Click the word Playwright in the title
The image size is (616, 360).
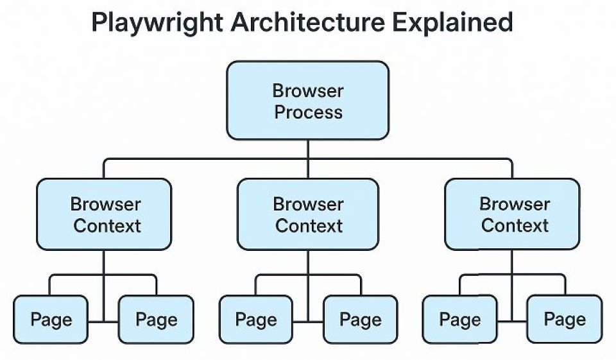pyautogui.click(x=158, y=22)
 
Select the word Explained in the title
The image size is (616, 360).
pyautogui.click(x=452, y=22)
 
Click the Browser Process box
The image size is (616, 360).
pyautogui.click(x=307, y=100)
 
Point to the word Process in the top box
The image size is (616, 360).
pyautogui.click(x=309, y=112)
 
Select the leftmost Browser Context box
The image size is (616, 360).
pyautogui.click(x=104, y=214)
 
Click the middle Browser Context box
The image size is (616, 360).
pyautogui.click(x=308, y=214)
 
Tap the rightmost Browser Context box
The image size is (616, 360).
pyautogui.click(x=512, y=214)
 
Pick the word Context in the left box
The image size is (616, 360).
pyautogui.click(x=107, y=226)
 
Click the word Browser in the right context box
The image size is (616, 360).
pyautogui.click(x=515, y=204)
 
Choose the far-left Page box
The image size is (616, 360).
pyautogui.click(x=51, y=320)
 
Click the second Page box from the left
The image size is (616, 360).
pyautogui.click(x=156, y=320)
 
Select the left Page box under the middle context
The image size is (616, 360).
pyautogui.click(x=256, y=320)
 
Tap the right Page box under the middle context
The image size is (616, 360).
pyautogui.click(x=360, y=320)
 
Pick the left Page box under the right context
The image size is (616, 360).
pyautogui.click(x=459, y=320)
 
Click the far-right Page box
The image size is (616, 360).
pyautogui.click(x=565, y=320)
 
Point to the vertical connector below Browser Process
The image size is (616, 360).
pyautogui.click(x=308, y=159)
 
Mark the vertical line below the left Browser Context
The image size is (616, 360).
pyautogui.click(x=104, y=286)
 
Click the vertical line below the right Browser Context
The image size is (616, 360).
pyautogui.click(x=512, y=286)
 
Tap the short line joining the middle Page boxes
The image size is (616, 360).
pyautogui.click(x=308, y=322)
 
